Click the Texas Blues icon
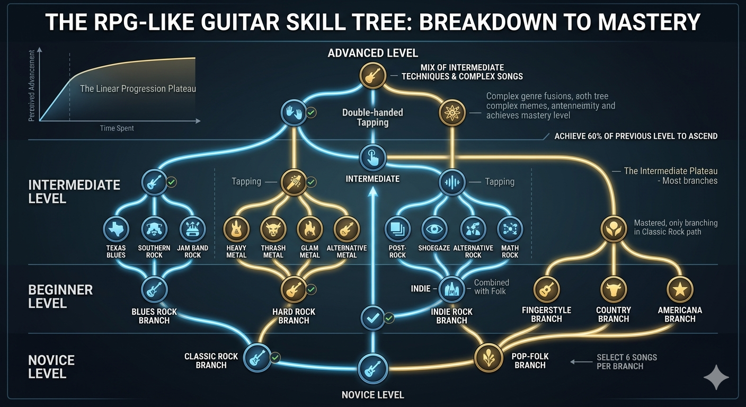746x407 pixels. pos(116,229)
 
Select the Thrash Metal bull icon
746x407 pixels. pos(273,229)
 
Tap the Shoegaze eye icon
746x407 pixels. pos(434,229)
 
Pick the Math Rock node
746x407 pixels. pos(510,229)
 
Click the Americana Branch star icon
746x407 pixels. pos(680,289)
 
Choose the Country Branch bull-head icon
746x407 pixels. pos(614,289)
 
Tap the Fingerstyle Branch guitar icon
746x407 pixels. pos(546,289)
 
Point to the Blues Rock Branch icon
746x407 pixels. pos(154,289)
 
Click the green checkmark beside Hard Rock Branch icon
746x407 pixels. pos(311,289)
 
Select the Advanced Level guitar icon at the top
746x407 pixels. pos(372,75)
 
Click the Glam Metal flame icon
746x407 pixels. pos(310,229)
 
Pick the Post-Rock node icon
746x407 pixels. pos(397,229)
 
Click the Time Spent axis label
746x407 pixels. pos(117,128)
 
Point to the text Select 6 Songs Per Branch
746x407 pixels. pos(627,362)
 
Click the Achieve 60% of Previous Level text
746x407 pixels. pos(636,136)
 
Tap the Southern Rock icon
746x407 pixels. pos(154,229)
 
